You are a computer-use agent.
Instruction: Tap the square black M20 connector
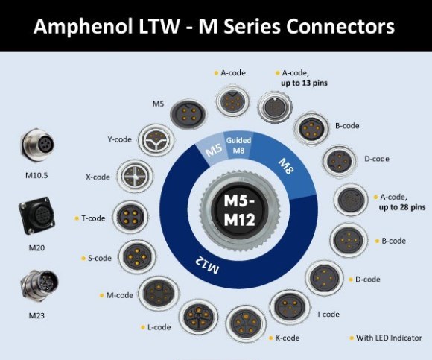pos(36,216)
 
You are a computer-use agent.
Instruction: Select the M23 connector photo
pos(39,285)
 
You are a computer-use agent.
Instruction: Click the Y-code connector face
pos(156,140)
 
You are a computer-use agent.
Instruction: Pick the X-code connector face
pos(136,176)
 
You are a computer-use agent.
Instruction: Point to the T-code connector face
pos(130,217)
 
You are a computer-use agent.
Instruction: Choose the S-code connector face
pos(137,257)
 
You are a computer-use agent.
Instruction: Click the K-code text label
pos(288,338)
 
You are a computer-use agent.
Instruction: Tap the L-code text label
pos(159,327)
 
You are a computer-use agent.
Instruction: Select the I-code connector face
pos(290,306)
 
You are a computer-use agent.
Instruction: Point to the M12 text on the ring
pos(208,265)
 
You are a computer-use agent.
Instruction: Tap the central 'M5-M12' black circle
pos(239,210)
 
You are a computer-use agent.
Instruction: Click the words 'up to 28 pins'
pos(402,207)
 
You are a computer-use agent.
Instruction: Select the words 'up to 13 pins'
pos(304,83)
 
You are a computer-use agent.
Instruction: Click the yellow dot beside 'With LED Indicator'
pos(352,338)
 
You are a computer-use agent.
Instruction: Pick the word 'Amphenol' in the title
pos(83,27)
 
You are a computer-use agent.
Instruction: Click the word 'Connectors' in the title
pos(340,27)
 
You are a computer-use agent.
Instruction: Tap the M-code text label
pos(120,295)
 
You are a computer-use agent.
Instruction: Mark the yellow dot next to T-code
pos(77,218)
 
